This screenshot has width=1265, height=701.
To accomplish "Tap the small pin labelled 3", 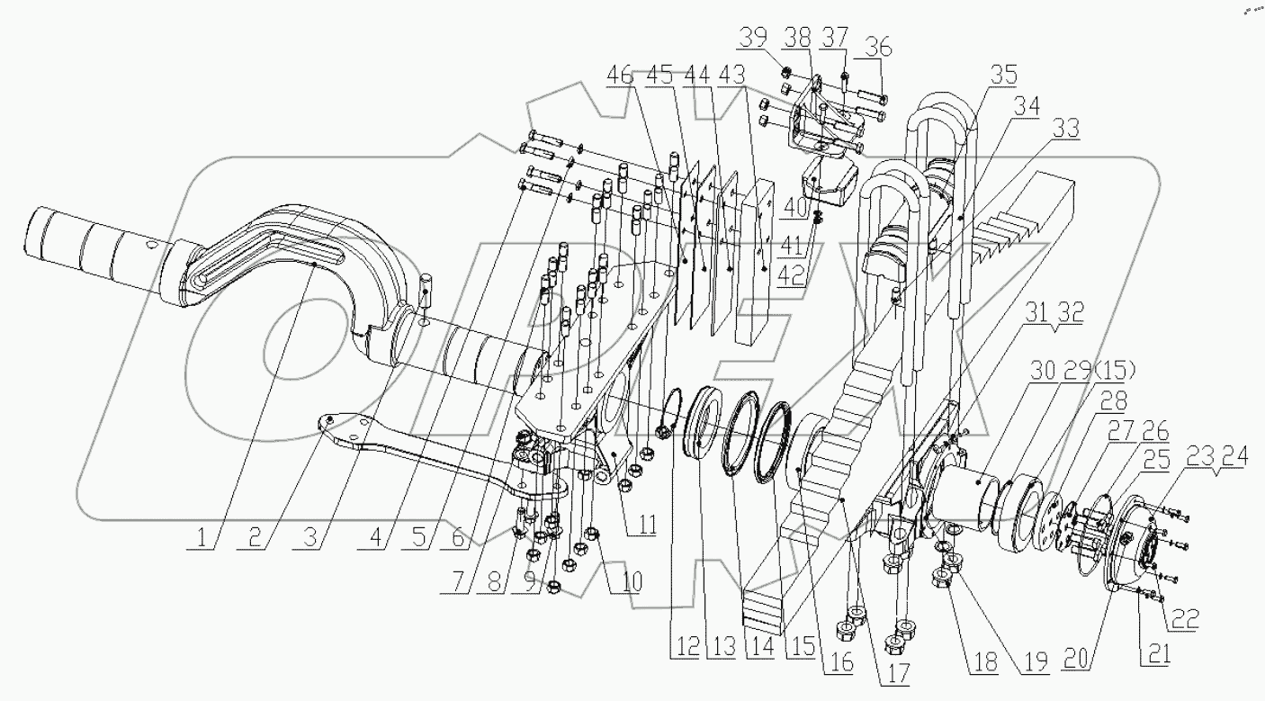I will [427, 292].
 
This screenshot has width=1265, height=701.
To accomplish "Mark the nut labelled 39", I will [783, 73].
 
